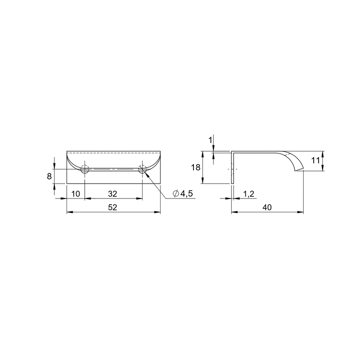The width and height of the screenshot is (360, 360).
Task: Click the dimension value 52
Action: click(x=112, y=207)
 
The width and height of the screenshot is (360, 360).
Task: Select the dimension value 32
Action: click(x=112, y=194)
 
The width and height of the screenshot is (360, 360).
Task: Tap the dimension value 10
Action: click(x=76, y=194)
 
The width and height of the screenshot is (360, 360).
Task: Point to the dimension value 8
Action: click(x=49, y=176)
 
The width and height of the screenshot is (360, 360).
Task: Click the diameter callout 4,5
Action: click(x=186, y=194)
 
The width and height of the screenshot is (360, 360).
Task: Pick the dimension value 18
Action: click(x=196, y=167)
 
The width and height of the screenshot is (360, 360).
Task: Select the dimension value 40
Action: click(x=267, y=207)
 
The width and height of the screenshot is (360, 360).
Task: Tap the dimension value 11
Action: click(x=315, y=161)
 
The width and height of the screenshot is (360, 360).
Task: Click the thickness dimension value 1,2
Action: click(x=249, y=194)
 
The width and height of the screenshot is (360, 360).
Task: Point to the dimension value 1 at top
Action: click(x=210, y=140)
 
